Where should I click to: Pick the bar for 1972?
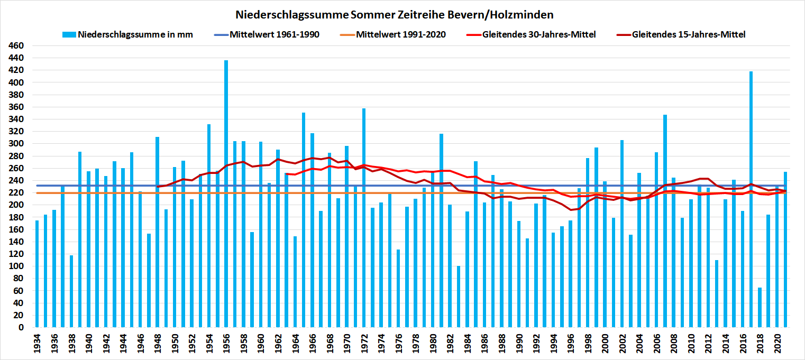(x=364, y=217)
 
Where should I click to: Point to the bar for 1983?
(x=459, y=296)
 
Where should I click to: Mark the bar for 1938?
(x=71, y=291)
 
